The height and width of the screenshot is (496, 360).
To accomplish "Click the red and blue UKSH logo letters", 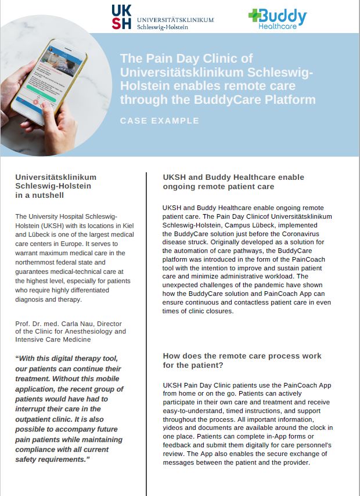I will click(x=122, y=16).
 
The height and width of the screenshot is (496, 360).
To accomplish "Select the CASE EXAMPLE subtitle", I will click(x=159, y=121).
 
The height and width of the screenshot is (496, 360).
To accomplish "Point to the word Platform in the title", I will click(x=291, y=100).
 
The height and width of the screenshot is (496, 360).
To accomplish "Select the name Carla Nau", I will click(x=69, y=323).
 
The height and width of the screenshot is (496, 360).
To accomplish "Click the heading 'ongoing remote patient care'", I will click(x=218, y=186).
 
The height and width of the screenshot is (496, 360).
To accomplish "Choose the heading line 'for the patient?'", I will click(x=194, y=365).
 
